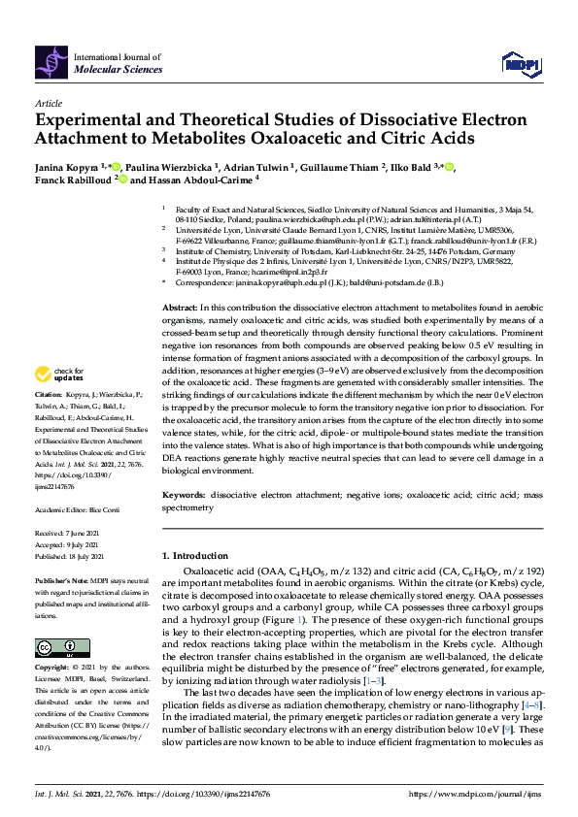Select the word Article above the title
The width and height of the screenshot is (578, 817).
pos(48,102)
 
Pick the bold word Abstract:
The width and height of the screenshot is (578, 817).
pos(181,306)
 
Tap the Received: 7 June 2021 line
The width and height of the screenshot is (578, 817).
pos(67,535)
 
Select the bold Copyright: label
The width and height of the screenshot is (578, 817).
pos(51,668)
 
